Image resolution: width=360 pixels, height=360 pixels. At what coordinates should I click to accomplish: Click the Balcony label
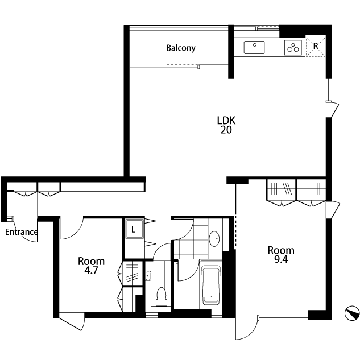181,48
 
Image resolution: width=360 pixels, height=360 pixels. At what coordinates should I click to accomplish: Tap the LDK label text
226,121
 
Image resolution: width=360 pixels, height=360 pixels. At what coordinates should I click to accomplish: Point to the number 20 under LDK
226,130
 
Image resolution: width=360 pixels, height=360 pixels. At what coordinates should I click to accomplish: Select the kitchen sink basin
254,48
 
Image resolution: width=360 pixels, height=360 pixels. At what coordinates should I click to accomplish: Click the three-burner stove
293,48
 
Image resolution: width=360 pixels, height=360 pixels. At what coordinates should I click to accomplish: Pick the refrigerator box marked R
316,46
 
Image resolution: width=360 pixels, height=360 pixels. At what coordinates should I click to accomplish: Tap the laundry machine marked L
134,229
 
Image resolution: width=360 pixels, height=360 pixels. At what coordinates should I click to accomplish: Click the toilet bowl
161,296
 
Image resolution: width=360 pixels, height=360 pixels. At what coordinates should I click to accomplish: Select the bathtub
211,285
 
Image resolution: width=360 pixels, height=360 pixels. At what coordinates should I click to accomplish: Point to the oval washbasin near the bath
214,239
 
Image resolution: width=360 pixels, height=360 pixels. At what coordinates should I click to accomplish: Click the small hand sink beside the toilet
148,276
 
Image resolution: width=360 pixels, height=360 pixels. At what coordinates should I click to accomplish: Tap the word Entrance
22,232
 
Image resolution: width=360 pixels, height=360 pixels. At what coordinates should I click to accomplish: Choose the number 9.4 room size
281,260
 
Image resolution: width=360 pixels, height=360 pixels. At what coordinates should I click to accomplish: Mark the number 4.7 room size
91,271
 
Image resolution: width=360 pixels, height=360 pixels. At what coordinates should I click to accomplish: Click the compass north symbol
352,313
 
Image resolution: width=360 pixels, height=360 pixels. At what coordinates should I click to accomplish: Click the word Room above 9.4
281,250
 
